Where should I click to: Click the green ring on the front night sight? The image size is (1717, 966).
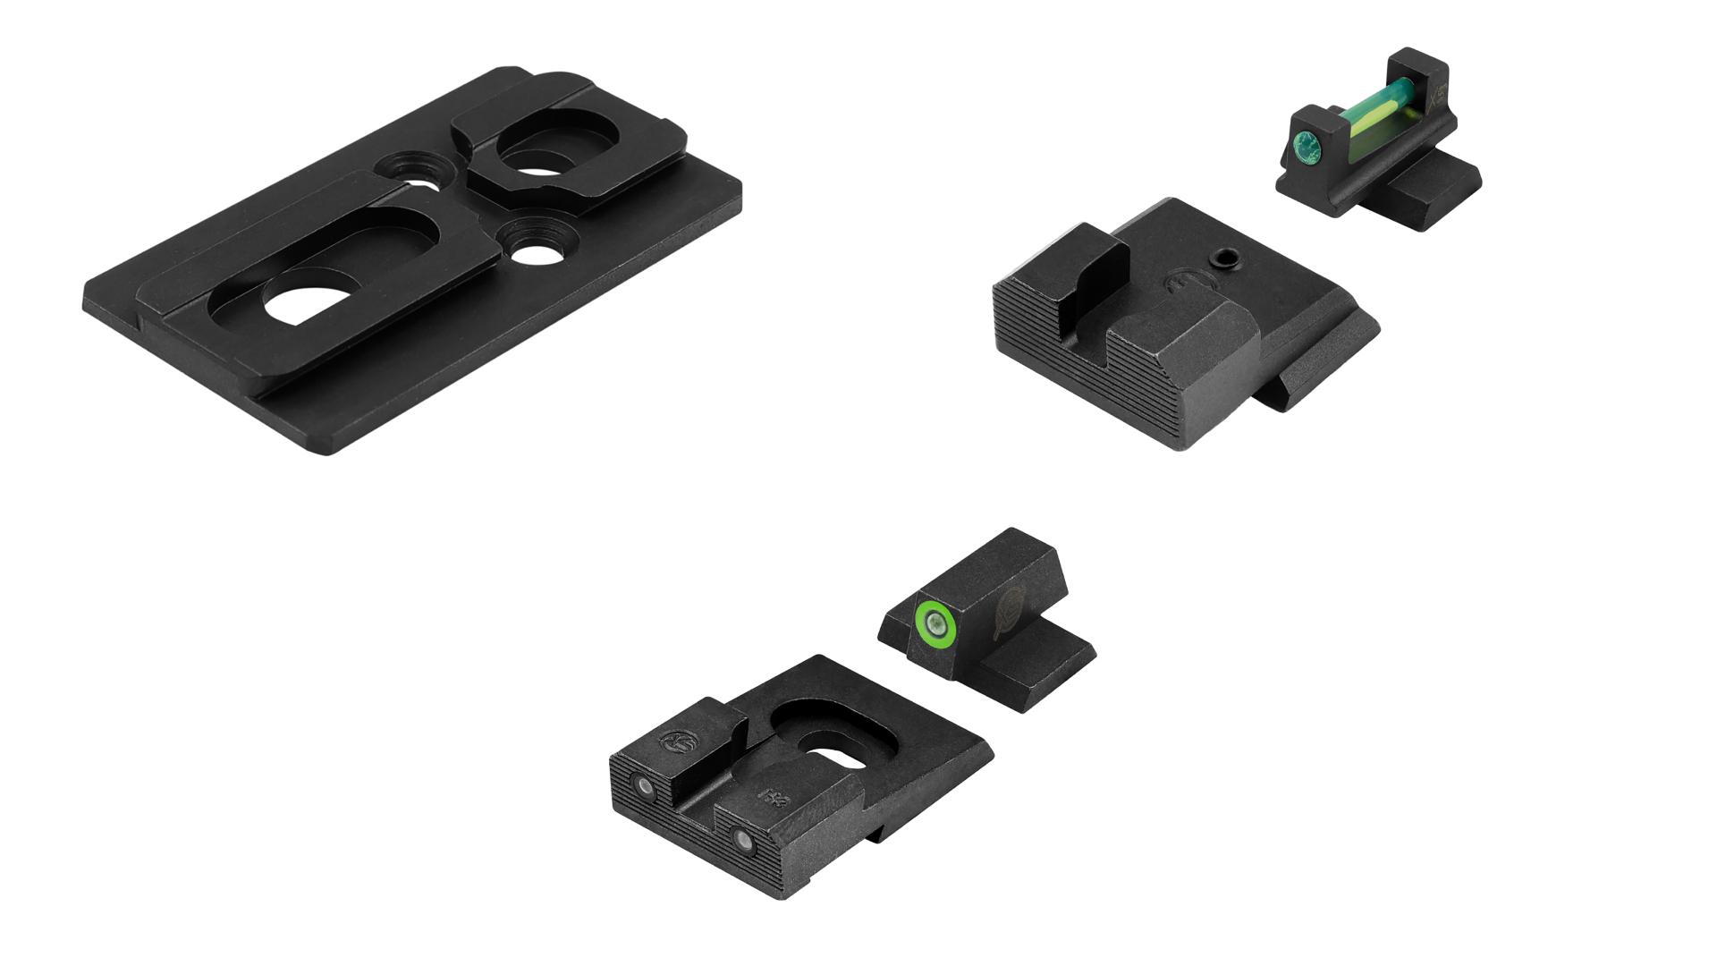pos(935,623)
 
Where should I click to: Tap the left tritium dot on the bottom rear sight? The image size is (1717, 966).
pos(643,785)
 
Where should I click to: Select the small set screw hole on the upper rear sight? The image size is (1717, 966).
pos(1226,259)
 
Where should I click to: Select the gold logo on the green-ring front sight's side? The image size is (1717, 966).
pos(1014,612)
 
